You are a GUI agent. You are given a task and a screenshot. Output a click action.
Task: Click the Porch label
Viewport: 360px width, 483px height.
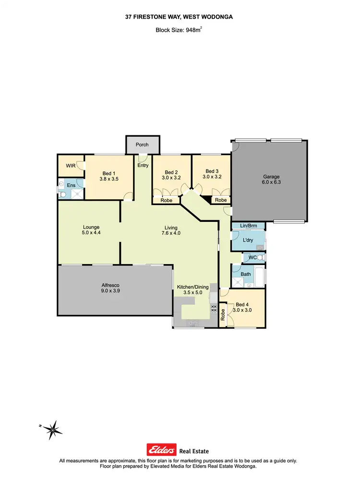click(142, 145)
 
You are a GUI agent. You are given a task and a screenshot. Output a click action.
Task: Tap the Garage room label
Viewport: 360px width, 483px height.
click(271, 177)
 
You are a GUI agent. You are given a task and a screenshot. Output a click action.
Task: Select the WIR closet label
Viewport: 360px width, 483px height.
click(71, 166)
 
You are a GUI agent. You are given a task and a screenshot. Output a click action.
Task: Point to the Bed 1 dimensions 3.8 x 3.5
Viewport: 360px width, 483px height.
click(109, 179)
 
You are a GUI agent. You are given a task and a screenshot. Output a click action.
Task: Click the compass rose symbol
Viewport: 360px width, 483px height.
click(53, 427)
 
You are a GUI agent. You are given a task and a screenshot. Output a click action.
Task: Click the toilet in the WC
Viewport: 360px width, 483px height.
click(261, 258)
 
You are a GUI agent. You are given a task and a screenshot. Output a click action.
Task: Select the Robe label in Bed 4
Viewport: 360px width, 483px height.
click(223, 315)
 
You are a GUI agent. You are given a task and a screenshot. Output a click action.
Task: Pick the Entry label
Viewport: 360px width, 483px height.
click(143, 166)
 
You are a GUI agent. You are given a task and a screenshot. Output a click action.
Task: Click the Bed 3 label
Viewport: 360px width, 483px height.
click(212, 171)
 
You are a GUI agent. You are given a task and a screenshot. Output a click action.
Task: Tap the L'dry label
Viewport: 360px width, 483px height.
click(248, 240)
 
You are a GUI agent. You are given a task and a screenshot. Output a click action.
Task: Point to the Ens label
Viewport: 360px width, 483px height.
click(72, 184)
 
